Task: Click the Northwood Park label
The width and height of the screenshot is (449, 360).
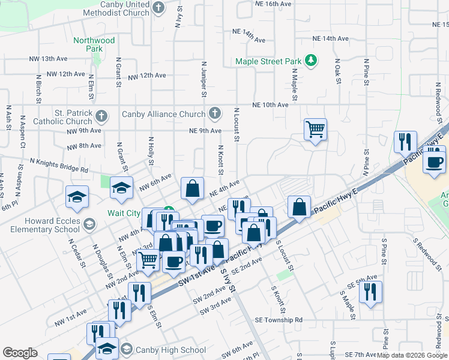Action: click(93, 44)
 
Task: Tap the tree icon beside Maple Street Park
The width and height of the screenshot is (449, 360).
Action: click(311, 60)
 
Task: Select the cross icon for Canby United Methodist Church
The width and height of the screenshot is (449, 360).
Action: click(158, 8)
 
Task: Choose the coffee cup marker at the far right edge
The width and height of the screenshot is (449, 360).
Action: click(433, 161)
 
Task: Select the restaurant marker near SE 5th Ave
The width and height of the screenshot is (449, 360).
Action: click(370, 292)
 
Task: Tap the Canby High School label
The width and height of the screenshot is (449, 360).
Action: click(171, 350)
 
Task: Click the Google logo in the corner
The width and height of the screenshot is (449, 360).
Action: click(20, 353)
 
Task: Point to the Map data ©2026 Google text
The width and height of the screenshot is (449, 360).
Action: click(412, 355)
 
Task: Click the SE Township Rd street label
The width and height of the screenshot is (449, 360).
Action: click(278, 320)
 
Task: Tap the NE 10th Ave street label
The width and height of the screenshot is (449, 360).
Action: click(271, 104)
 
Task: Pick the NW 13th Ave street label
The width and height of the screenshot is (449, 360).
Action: click(47, 59)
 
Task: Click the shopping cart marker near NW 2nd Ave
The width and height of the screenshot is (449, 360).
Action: click(148, 260)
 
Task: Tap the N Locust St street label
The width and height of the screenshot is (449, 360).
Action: click(237, 125)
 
